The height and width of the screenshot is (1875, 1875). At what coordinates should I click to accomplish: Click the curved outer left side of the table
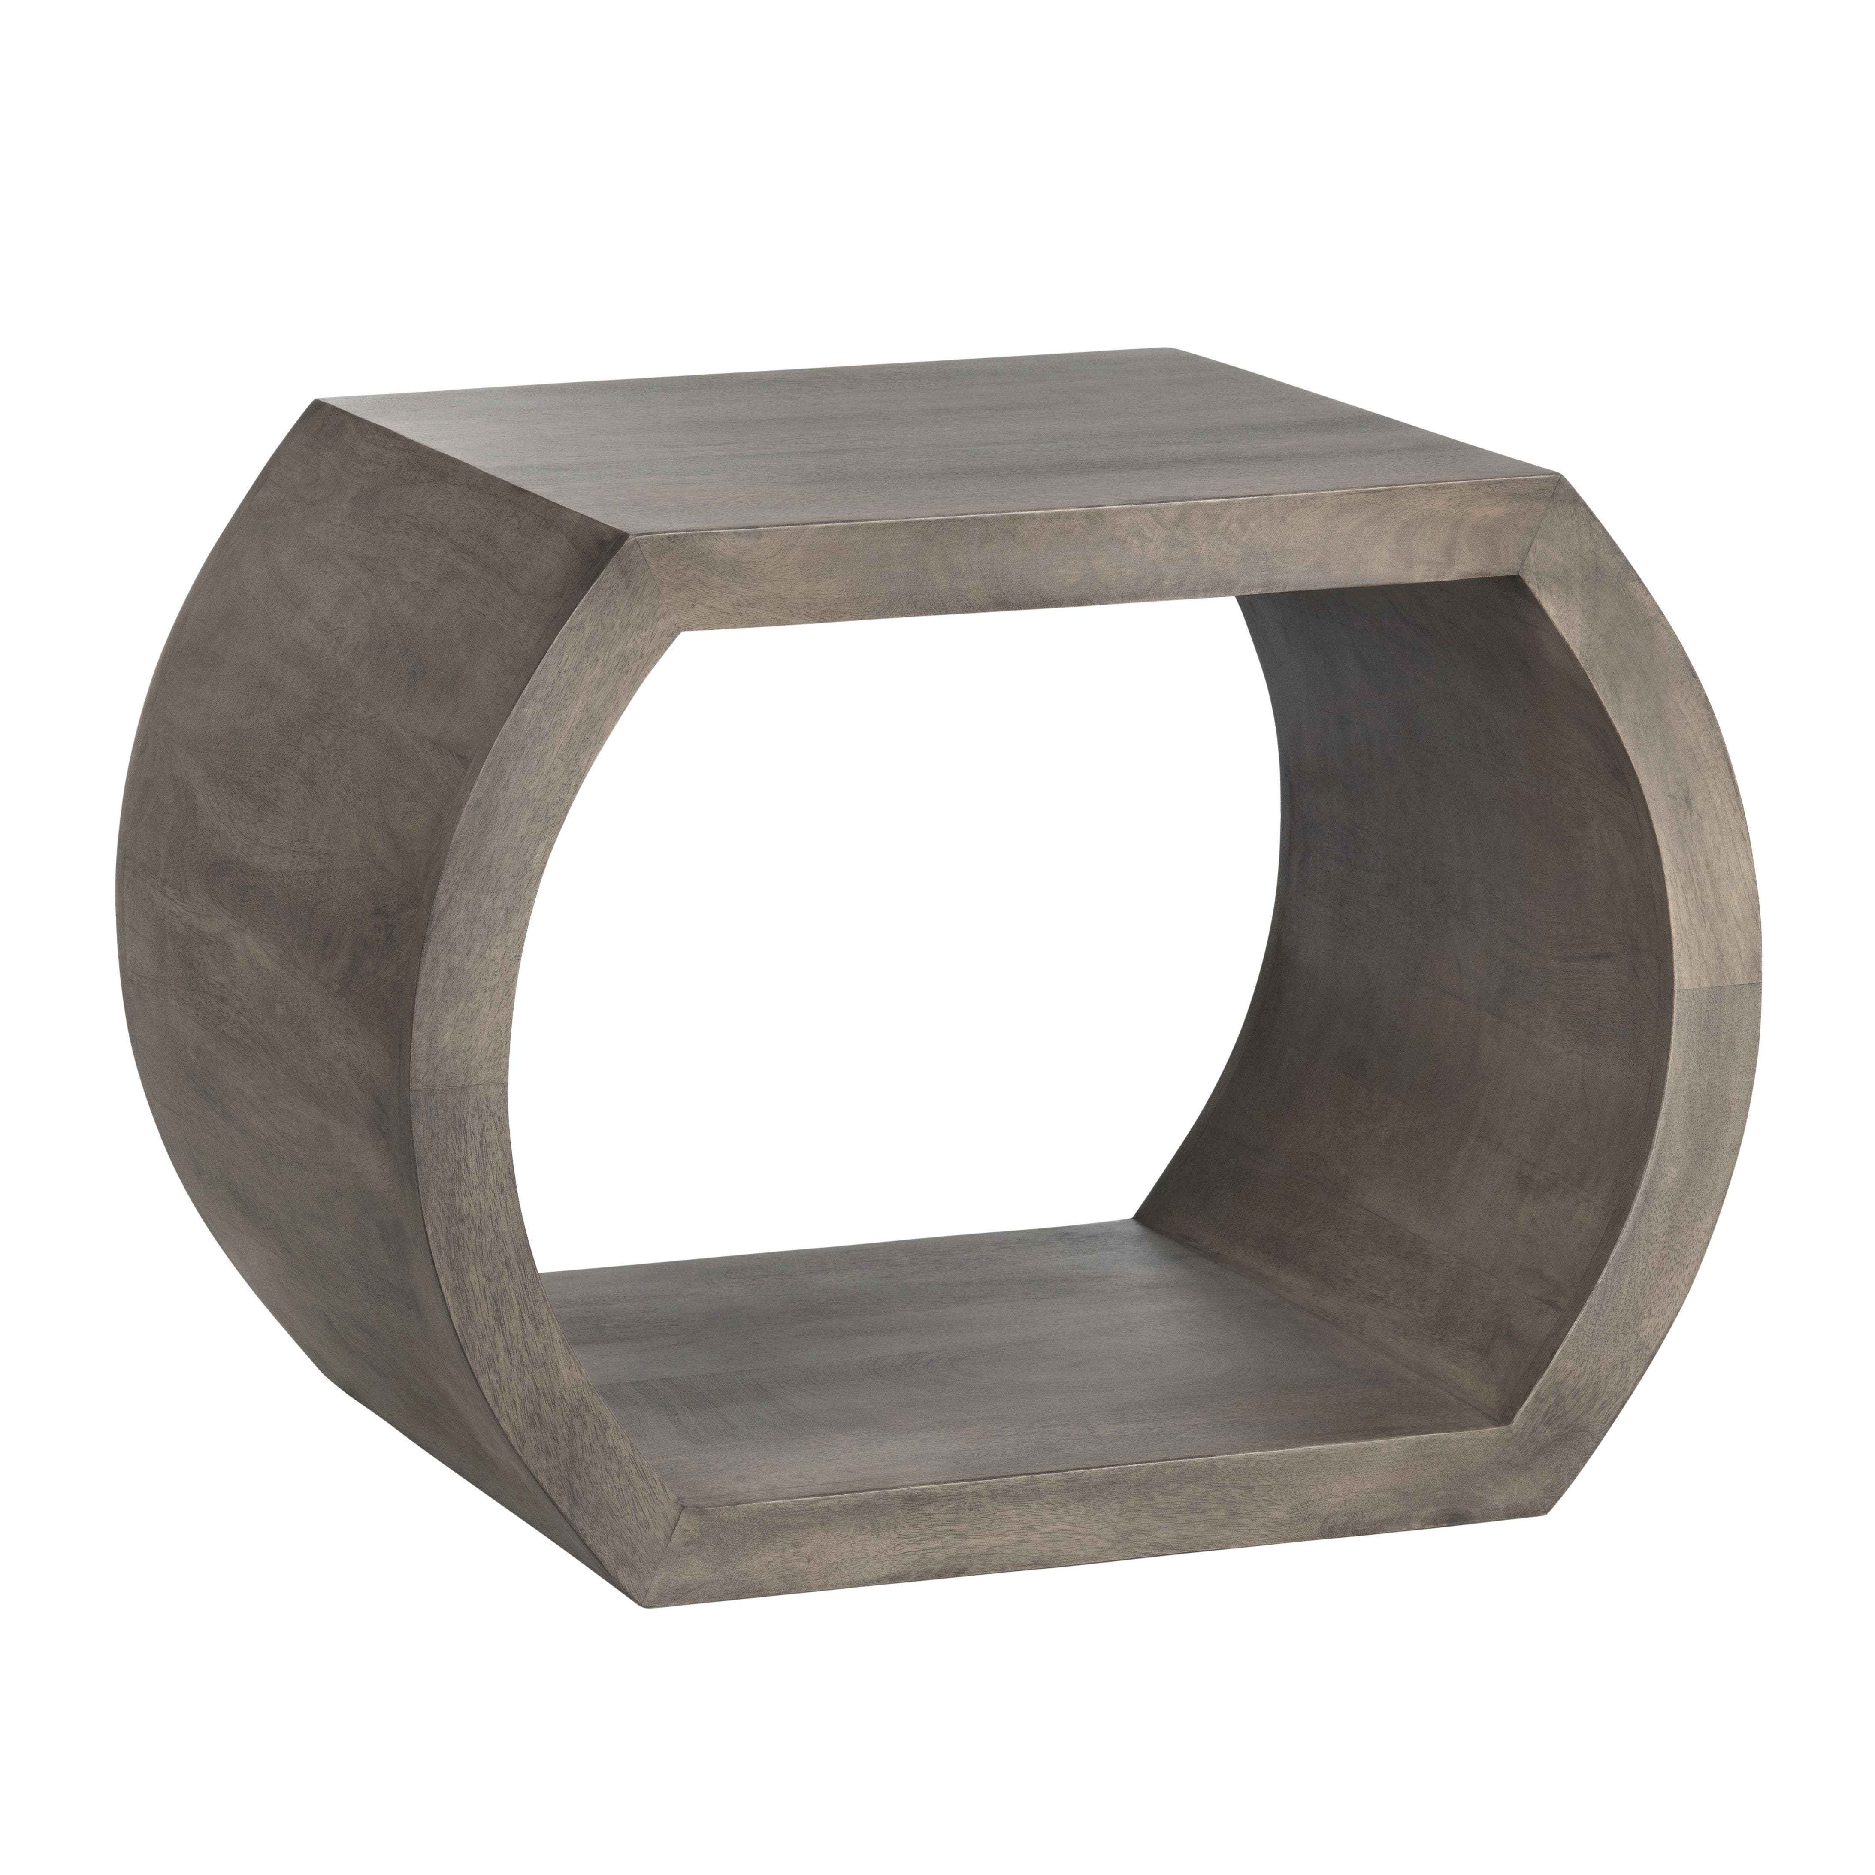point(291,874)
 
